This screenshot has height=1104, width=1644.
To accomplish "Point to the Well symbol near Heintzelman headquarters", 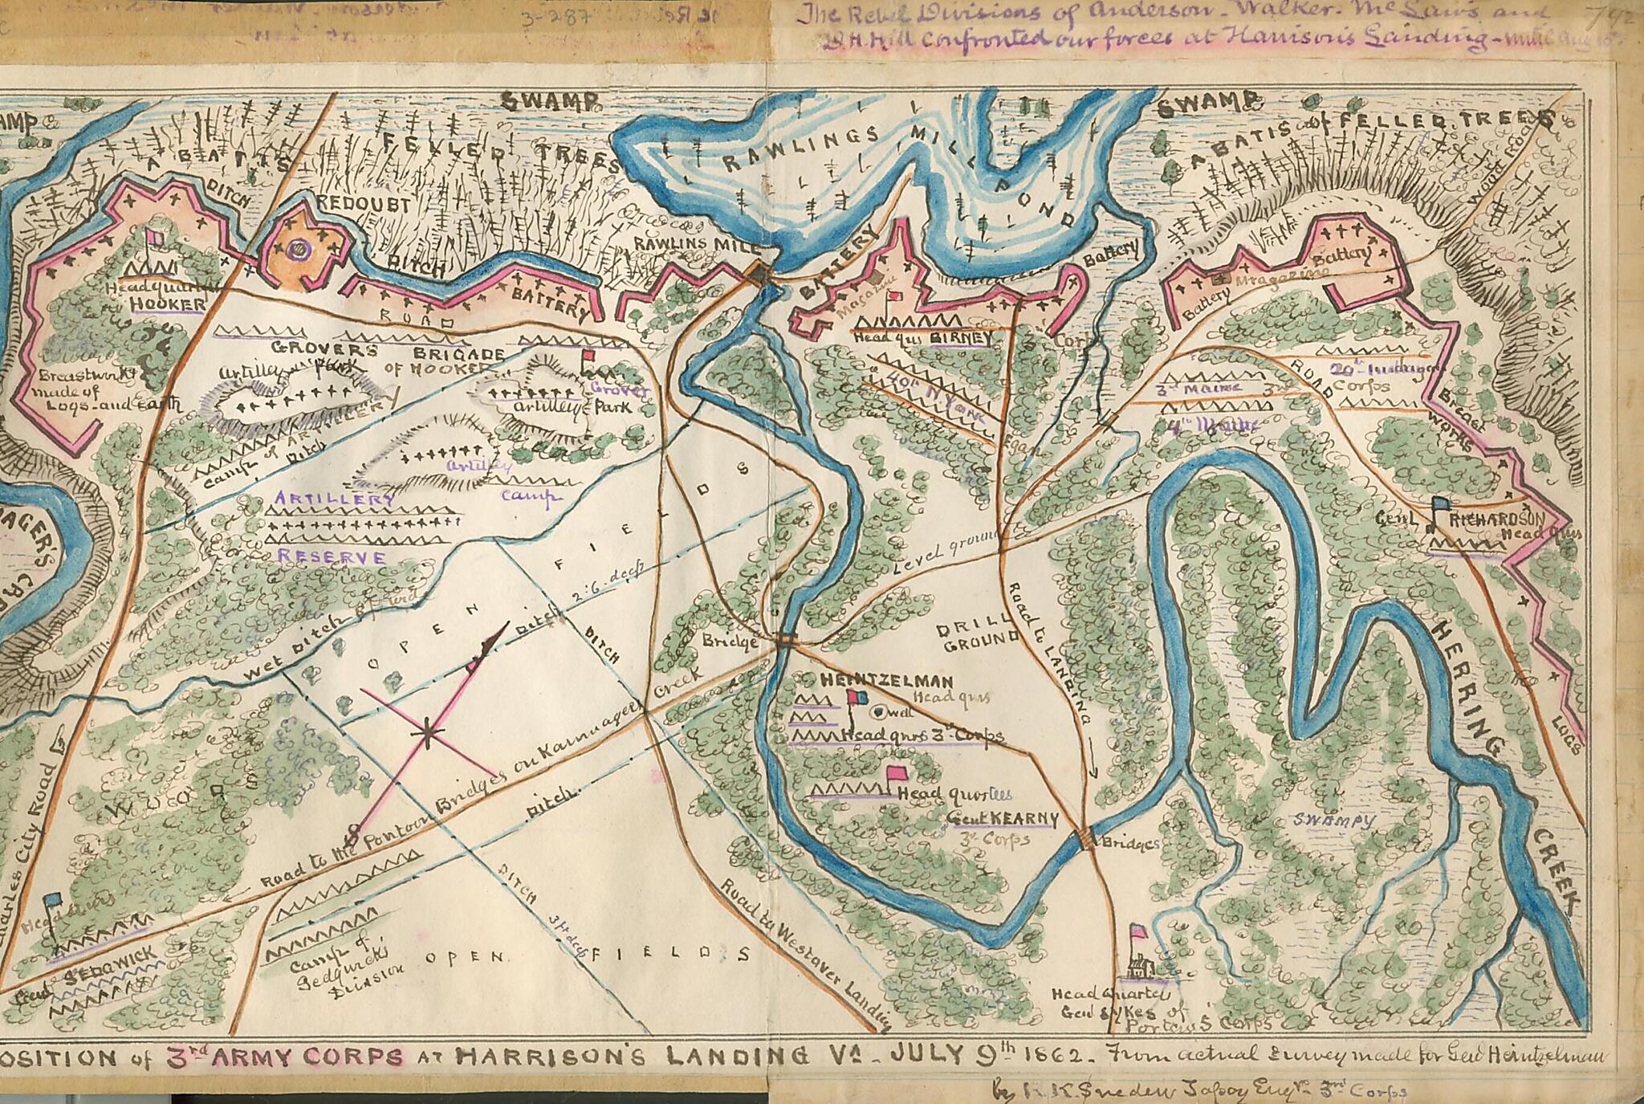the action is click(877, 711).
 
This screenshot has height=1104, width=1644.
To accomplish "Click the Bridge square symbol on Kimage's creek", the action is click(785, 639).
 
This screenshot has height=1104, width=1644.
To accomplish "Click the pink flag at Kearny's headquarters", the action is click(895, 774).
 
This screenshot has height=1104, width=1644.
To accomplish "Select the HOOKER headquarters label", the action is click(168, 303).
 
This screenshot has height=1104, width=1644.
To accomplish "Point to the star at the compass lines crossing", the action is click(429, 731).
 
